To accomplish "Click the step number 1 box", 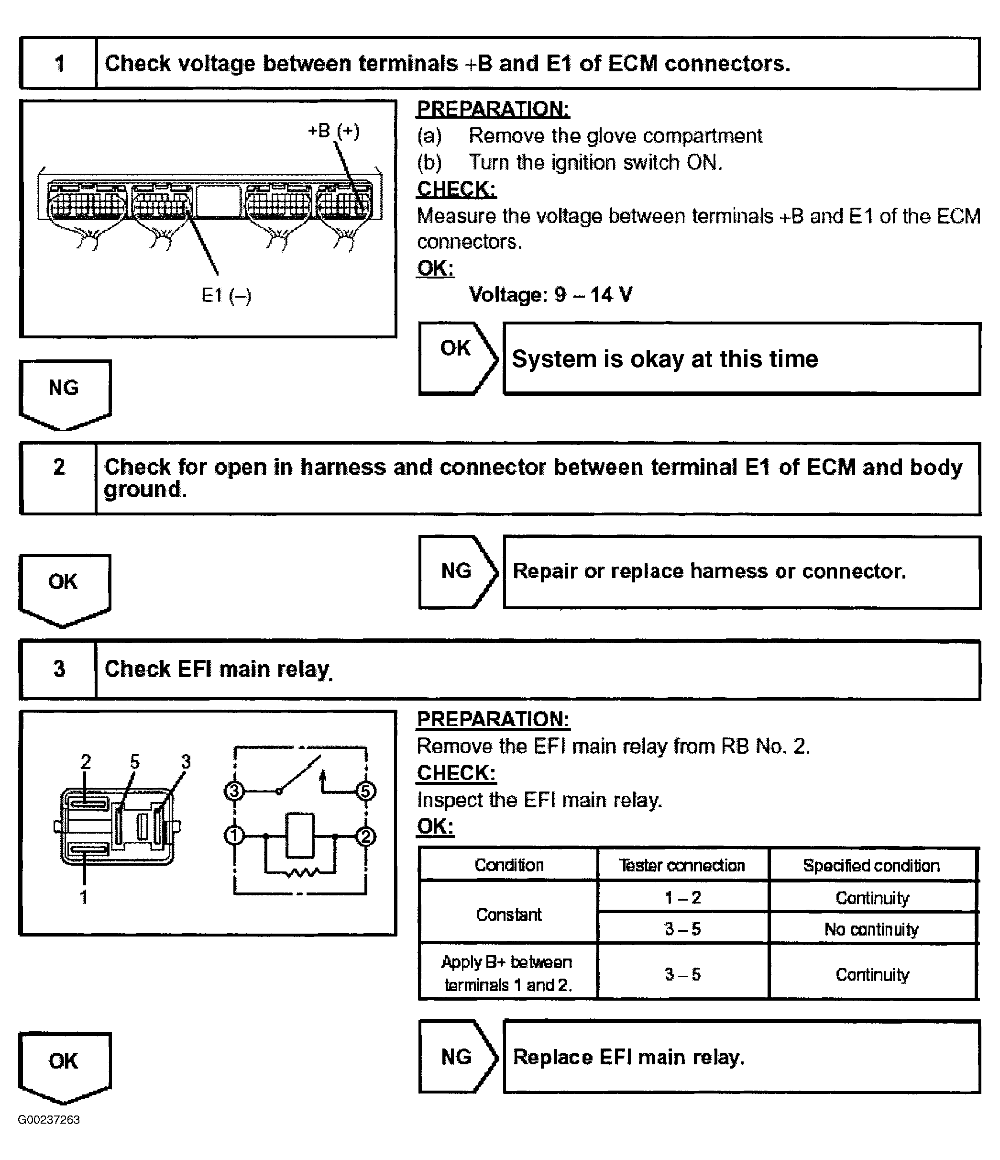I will tap(58, 63).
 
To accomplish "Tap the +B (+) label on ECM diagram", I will tap(333, 131).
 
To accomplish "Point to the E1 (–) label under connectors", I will tap(226, 295).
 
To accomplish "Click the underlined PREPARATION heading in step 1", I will tap(493, 109).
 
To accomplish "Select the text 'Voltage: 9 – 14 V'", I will tap(550, 294).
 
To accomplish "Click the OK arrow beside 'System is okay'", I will tap(457, 358).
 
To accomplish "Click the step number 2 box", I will tap(58, 478).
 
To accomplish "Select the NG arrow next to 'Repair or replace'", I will tap(457, 571).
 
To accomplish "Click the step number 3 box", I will tap(58, 669).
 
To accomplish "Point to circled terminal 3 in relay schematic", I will tap(234, 791).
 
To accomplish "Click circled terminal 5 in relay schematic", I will tap(366, 791).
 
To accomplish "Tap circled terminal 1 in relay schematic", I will tap(234, 837).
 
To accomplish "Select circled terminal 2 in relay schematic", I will tap(366, 837).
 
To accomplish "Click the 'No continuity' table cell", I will tap(872, 929).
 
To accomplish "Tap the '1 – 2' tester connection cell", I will tap(682, 898).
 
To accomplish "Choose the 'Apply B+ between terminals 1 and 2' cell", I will tap(508, 973).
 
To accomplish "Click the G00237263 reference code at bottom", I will tap(49, 1120).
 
